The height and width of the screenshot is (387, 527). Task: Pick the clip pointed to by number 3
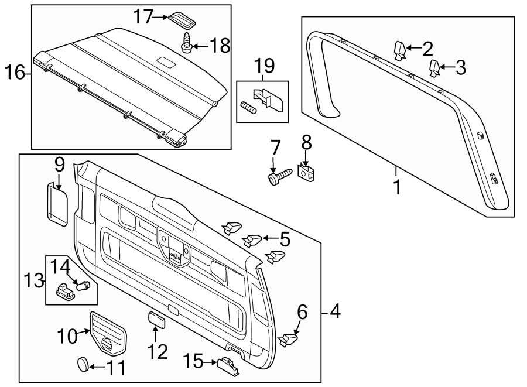pyautogui.click(x=434, y=68)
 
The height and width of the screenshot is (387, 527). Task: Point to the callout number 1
pyautogui.click(x=397, y=189)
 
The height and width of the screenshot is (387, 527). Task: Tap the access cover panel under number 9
pyautogui.click(x=57, y=203)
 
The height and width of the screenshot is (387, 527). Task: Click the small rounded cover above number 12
pyautogui.click(x=156, y=318)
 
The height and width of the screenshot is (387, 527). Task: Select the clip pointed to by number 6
pyautogui.click(x=290, y=338)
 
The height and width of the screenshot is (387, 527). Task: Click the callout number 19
pyautogui.click(x=262, y=69)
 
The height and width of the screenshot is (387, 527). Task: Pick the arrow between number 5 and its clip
pyautogui.click(x=269, y=238)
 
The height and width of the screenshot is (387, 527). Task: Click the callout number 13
pyautogui.click(x=35, y=280)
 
